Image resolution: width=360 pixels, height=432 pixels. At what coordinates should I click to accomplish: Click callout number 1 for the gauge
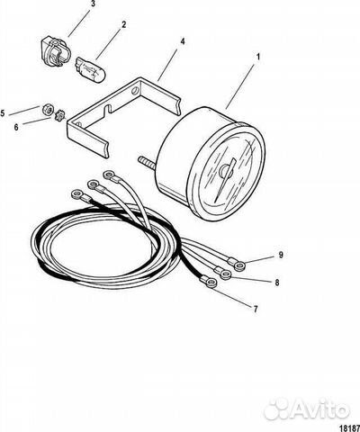257,56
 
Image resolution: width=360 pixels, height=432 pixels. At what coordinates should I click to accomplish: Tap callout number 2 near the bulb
123,24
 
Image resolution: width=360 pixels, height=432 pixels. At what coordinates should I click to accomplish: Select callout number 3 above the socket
93,4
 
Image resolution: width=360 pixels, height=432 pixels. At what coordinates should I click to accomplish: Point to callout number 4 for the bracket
183,41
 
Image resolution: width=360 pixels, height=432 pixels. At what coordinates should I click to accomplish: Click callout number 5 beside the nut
3,113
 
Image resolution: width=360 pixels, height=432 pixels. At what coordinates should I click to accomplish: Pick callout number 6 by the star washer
16,127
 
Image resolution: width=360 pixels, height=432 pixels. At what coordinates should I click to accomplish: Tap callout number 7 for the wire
256,309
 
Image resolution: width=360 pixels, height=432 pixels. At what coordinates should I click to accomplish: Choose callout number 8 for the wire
277,283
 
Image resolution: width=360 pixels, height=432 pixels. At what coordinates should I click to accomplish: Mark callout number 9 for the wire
281,255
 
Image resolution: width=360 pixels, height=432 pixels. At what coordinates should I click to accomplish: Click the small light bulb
90,69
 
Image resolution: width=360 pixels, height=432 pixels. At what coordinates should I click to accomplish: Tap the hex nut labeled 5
48,109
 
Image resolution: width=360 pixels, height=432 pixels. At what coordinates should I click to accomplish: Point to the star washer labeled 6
59,116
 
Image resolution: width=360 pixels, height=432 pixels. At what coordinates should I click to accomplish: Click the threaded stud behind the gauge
147,162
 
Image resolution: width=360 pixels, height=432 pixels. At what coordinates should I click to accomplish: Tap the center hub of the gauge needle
226,171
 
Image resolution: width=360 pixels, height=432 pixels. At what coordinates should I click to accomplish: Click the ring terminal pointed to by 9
239,265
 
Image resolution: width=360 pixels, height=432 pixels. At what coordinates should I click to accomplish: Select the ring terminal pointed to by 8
226,274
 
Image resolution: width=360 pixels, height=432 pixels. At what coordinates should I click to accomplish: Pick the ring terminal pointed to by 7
211,283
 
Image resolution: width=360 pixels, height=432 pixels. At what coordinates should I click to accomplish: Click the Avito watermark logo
307,409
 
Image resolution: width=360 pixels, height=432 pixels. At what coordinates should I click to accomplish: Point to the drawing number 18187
350,427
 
